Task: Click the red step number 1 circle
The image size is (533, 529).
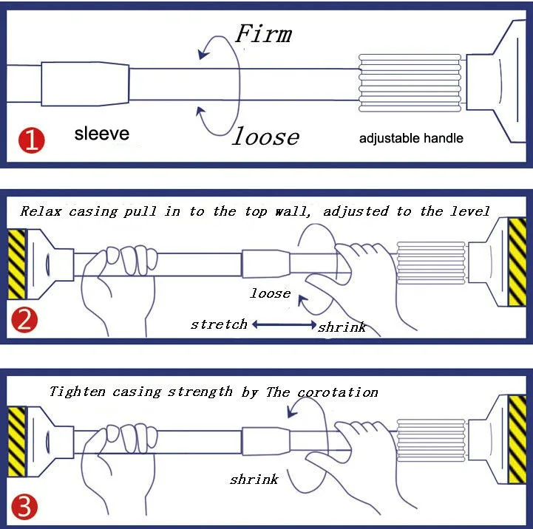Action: click(32, 140)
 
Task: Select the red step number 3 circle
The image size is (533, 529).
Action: click(24, 506)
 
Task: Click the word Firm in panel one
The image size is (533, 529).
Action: click(263, 34)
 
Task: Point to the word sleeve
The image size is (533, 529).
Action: click(102, 134)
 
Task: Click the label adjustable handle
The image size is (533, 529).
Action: click(411, 138)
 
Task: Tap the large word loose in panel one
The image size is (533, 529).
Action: click(266, 136)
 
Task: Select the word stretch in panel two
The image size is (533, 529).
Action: click(219, 324)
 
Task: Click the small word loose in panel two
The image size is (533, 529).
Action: click(270, 293)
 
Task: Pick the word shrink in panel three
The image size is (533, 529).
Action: click(254, 479)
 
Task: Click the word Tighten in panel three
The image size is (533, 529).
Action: click(78, 392)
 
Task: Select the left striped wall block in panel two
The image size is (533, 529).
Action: click(17, 264)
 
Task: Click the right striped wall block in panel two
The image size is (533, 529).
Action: click(517, 262)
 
